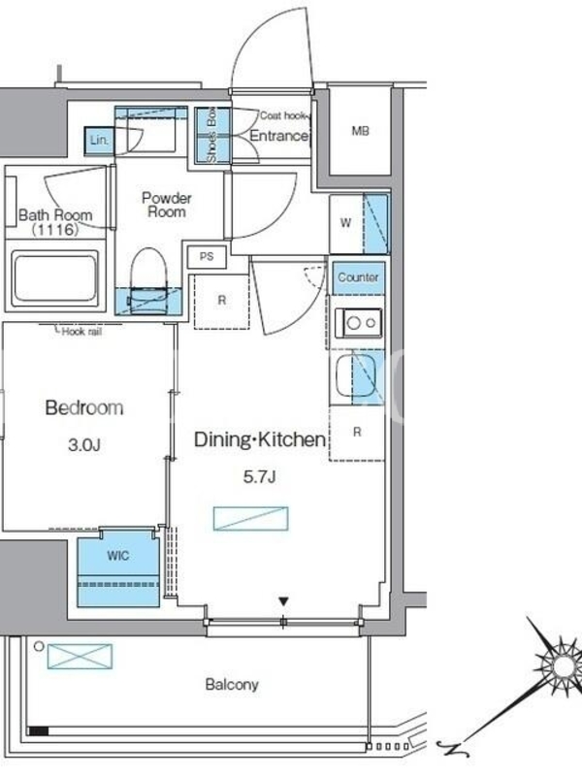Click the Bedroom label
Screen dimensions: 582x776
click(84, 407)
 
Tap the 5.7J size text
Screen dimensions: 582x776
click(259, 476)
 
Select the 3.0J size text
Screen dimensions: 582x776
click(84, 445)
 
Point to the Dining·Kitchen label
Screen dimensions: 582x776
click(260, 439)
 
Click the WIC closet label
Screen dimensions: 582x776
click(117, 556)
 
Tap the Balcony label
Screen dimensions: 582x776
click(232, 685)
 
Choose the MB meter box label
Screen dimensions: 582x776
click(360, 131)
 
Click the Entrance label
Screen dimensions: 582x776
click(278, 136)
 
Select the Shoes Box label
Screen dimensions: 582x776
click(211, 135)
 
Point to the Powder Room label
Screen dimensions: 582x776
click(167, 205)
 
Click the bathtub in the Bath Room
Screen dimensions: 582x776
click(54, 279)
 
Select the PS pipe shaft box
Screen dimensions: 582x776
click(207, 256)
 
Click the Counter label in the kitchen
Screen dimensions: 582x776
click(358, 277)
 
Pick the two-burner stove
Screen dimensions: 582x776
click(358, 323)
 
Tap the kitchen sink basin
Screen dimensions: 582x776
click(355, 374)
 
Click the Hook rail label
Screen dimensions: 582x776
click(81, 332)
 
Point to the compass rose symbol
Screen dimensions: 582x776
click(562, 665)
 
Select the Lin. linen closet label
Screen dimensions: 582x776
click(99, 140)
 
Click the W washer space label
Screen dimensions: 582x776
click(345, 223)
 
